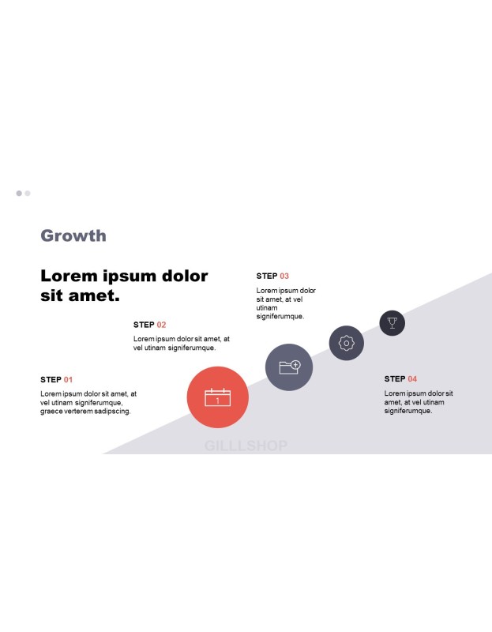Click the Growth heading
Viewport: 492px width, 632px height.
73,235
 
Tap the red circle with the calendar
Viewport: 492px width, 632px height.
218,397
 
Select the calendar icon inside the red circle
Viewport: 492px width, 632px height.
218,397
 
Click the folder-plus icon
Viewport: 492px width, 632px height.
290,367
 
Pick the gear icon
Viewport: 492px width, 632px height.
347,343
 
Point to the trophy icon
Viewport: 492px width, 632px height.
392,323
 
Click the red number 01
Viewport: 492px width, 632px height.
68,380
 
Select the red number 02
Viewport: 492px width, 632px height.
161,325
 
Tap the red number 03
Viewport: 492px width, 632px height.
284,276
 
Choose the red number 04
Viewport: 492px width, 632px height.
412,379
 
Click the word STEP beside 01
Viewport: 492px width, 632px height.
51,380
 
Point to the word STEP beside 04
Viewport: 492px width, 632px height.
395,379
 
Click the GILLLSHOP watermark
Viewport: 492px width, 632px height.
246,446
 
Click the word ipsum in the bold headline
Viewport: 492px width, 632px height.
130,276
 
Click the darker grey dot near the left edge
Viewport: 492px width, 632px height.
19,194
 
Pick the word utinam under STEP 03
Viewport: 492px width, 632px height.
267,308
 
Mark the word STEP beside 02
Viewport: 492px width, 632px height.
144,325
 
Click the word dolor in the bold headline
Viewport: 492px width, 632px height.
185,276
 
